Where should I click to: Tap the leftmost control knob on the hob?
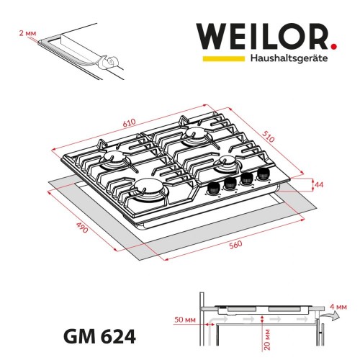point(213,189)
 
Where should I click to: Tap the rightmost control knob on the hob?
point(261,173)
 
